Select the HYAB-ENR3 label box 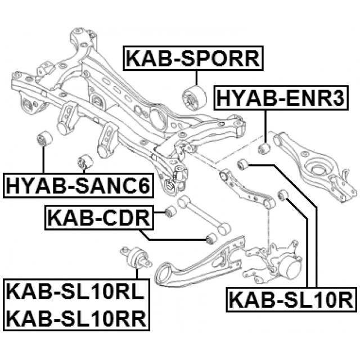(287, 97)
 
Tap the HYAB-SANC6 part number (78, 184)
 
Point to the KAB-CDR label (97, 215)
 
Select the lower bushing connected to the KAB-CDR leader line (210, 239)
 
